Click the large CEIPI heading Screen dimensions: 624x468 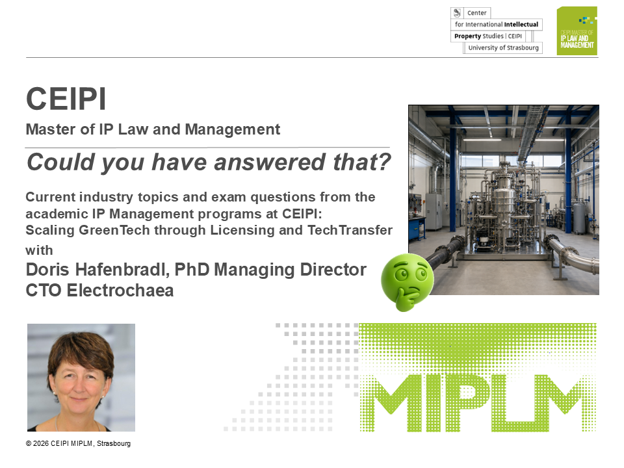point(66,99)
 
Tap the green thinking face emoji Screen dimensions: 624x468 point(406,281)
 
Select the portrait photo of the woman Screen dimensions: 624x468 point(81,377)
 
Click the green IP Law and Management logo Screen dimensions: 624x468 point(577,31)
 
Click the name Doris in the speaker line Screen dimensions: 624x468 point(47,269)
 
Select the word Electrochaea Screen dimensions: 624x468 point(120,291)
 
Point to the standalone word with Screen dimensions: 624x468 point(39,250)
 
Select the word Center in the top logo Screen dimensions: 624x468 point(476,13)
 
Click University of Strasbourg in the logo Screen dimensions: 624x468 point(503,47)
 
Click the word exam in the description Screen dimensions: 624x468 point(229,197)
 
